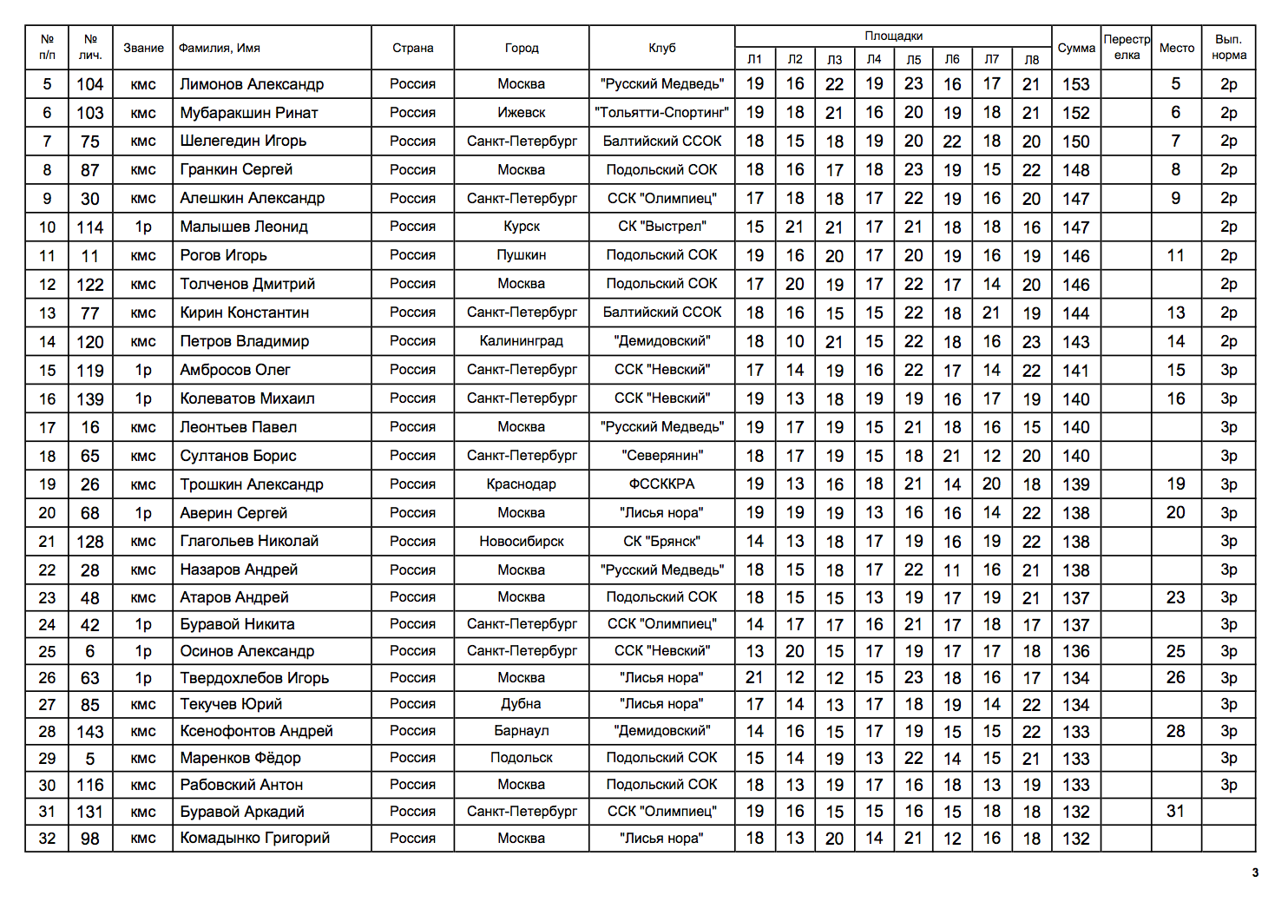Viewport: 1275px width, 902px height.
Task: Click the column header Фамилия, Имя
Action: pyautogui.click(x=220, y=49)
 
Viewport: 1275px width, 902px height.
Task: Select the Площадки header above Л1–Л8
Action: pyautogui.click(x=893, y=36)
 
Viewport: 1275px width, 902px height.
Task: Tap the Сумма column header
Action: pyautogui.click(x=1076, y=49)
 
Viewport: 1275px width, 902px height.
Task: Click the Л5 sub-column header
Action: pyautogui.click(x=914, y=60)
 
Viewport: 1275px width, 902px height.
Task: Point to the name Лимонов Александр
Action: pyautogui.click(x=252, y=84)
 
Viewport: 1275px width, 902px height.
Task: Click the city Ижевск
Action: pyautogui.click(x=522, y=113)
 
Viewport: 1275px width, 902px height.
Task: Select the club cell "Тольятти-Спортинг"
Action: pyautogui.click(x=662, y=113)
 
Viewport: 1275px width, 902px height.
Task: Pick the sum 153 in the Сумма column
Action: pyautogui.click(x=1076, y=84)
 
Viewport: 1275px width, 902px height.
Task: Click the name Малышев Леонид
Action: pyautogui.click(x=244, y=227)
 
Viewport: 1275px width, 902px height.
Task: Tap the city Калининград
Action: pyautogui.click(x=522, y=341)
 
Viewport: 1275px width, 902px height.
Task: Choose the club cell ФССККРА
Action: pyautogui.click(x=662, y=484)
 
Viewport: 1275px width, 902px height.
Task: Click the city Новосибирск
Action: pyautogui.click(x=522, y=542)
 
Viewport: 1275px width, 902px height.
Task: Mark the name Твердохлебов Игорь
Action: pyautogui.click(x=254, y=678)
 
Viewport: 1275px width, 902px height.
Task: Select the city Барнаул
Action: pyautogui.click(x=522, y=731)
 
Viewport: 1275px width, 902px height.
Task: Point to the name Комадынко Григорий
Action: pyautogui.click(x=255, y=839)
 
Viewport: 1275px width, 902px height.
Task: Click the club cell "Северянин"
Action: pyautogui.click(x=662, y=456)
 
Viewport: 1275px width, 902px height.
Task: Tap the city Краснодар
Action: pyautogui.click(x=522, y=484)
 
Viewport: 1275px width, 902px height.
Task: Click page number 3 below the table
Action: pyautogui.click(x=1254, y=872)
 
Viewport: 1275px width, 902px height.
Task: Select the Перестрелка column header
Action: pyautogui.click(x=1127, y=48)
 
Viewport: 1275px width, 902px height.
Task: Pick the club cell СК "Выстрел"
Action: pyautogui.click(x=662, y=227)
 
